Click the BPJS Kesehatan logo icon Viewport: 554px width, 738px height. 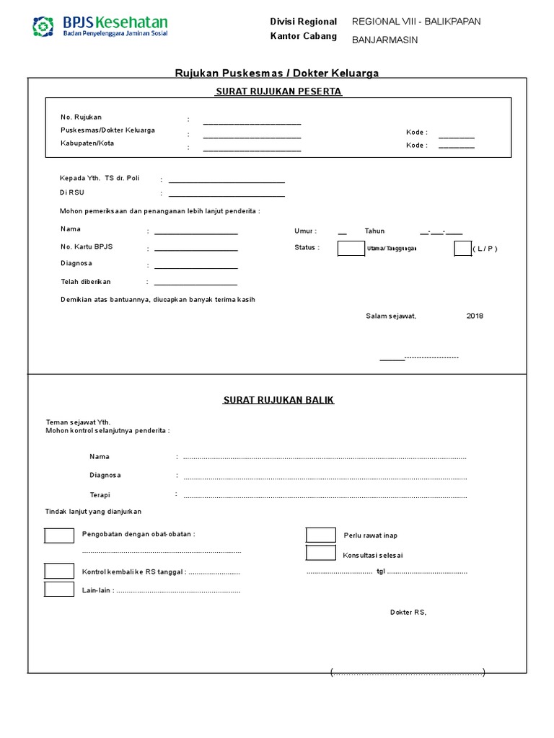[43, 27]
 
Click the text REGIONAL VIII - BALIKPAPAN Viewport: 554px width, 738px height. [415, 22]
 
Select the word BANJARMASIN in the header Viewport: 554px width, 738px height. [384, 40]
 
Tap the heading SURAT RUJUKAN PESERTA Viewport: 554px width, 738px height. [278, 92]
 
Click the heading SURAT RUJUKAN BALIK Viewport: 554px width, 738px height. [278, 400]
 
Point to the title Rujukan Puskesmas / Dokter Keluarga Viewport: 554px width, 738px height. [278, 73]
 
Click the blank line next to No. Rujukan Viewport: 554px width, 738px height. [252, 123]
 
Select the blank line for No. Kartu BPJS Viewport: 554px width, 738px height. [195, 249]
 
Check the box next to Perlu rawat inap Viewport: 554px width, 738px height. [320, 535]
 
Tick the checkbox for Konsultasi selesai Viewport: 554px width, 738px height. [320, 553]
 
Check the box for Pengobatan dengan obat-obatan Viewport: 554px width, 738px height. [59, 535]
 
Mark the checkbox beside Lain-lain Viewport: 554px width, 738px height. [59, 590]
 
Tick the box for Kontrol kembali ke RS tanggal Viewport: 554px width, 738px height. [59, 571]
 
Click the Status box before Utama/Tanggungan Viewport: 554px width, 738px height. [351, 249]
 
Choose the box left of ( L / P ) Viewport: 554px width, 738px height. [462, 249]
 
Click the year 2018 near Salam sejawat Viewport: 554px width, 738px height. [475, 316]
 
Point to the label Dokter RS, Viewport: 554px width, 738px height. [408, 612]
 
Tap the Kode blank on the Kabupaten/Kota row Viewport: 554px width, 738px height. [457, 146]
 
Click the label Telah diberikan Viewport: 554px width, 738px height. [86, 282]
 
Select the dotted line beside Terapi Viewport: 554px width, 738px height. [325, 497]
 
